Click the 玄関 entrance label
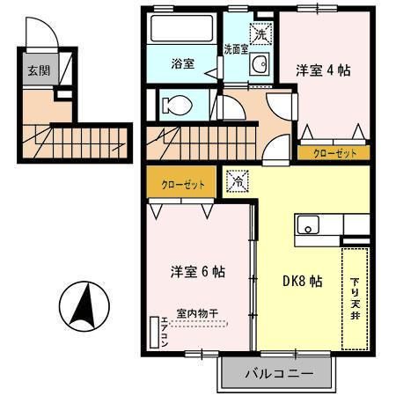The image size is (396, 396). tap(36, 72)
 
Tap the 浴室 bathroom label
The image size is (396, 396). tap(182, 63)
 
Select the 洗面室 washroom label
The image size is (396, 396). tap(235, 49)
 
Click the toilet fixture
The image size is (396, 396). tap(177, 105)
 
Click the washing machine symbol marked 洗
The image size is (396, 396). tap(260, 34)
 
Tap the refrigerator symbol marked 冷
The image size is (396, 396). tap(238, 180)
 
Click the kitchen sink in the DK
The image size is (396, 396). tap(310, 225)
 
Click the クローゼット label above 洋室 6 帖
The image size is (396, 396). tap(183, 185)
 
